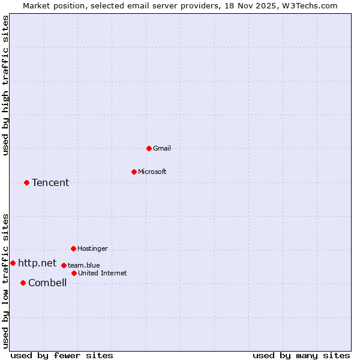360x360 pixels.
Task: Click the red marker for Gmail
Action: [149, 148]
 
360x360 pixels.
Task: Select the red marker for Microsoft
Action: [134, 172]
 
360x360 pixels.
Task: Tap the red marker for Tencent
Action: [26, 182]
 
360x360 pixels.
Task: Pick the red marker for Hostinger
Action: [73, 248]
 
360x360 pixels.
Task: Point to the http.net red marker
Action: [13, 263]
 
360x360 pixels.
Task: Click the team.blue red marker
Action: [64, 265]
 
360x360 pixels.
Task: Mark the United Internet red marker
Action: [74, 273]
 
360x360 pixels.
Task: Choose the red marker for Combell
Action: [23, 283]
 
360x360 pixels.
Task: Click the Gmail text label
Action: [162, 148]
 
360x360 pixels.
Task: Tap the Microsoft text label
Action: [152, 172]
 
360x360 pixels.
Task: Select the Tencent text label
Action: [50, 182]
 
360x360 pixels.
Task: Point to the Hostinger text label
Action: [92, 248]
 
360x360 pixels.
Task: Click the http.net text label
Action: [37, 263]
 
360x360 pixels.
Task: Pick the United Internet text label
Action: [103, 273]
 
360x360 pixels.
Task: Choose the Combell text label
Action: [47, 283]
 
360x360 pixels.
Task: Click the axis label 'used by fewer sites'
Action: [62, 355]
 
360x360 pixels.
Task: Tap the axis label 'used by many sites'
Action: [301, 355]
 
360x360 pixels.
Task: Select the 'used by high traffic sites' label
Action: [5, 85]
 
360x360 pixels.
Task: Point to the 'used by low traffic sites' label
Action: [5, 280]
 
